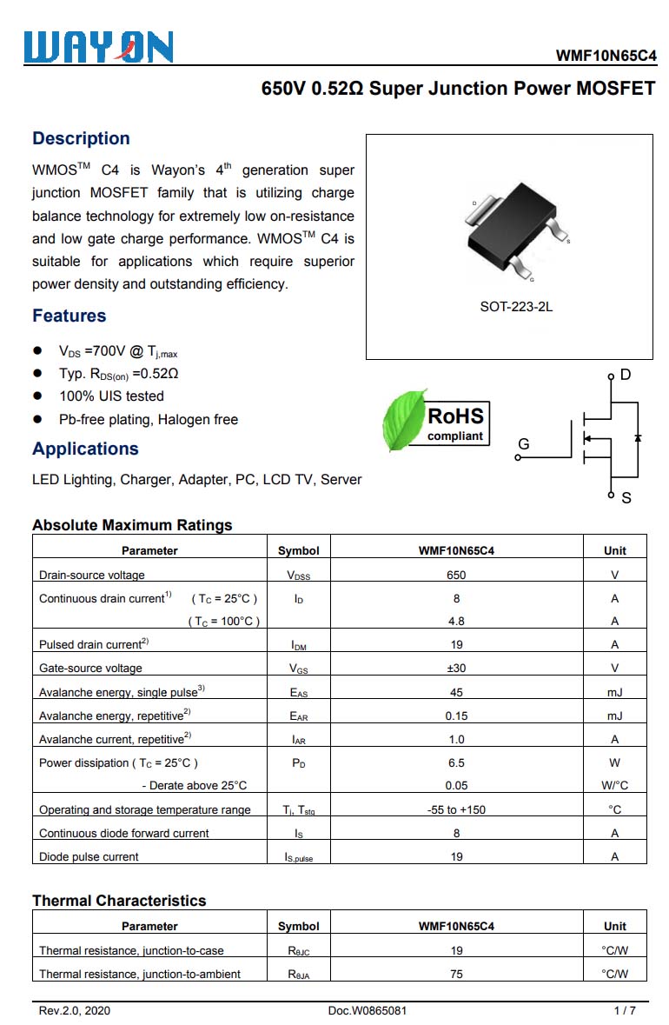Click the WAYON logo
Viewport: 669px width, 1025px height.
click(98, 47)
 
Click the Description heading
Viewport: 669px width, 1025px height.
click(81, 138)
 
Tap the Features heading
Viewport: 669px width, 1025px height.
click(70, 316)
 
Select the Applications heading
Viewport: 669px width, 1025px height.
click(85, 449)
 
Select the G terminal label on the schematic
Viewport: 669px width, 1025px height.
click(523, 444)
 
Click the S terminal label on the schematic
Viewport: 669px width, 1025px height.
click(626, 498)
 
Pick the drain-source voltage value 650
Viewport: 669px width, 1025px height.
click(456, 575)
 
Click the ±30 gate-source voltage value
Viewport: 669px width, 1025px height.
click(456, 668)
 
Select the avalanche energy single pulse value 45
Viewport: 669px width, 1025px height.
click(456, 692)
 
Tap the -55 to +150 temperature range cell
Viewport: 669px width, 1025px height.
click(456, 809)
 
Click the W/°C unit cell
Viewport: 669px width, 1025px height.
click(614, 785)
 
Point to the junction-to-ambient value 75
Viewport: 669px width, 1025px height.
click(456, 974)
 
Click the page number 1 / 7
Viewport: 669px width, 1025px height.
click(625, 1010)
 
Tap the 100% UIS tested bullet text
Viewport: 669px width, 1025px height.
click(111, 396)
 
